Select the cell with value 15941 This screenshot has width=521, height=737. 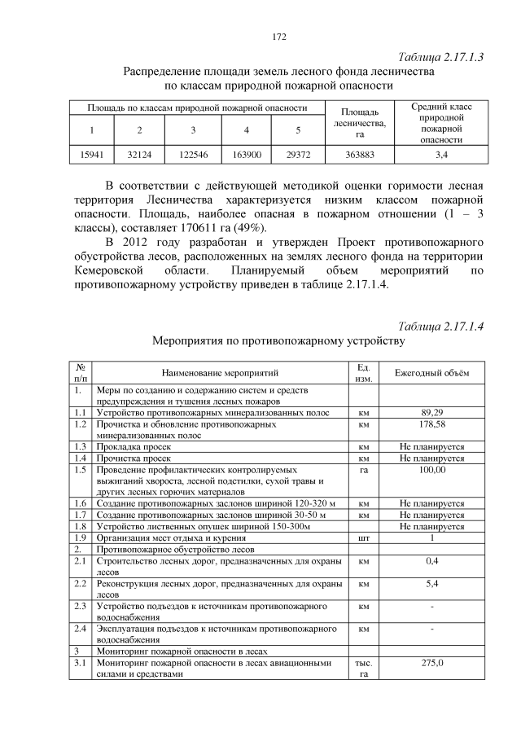92,154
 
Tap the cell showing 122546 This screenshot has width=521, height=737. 193,154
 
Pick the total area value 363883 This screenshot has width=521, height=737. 359,154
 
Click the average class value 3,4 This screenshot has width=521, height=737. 440,154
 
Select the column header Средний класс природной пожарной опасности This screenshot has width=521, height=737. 440,123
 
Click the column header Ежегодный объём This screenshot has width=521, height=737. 432,373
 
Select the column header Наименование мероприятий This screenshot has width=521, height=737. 220,373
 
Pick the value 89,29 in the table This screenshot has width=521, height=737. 432,413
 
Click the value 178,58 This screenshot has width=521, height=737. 432,424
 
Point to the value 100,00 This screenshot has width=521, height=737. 432,470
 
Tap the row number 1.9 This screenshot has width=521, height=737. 80,538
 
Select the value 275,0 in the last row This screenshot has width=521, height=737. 432,663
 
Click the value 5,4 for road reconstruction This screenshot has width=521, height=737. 432,584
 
